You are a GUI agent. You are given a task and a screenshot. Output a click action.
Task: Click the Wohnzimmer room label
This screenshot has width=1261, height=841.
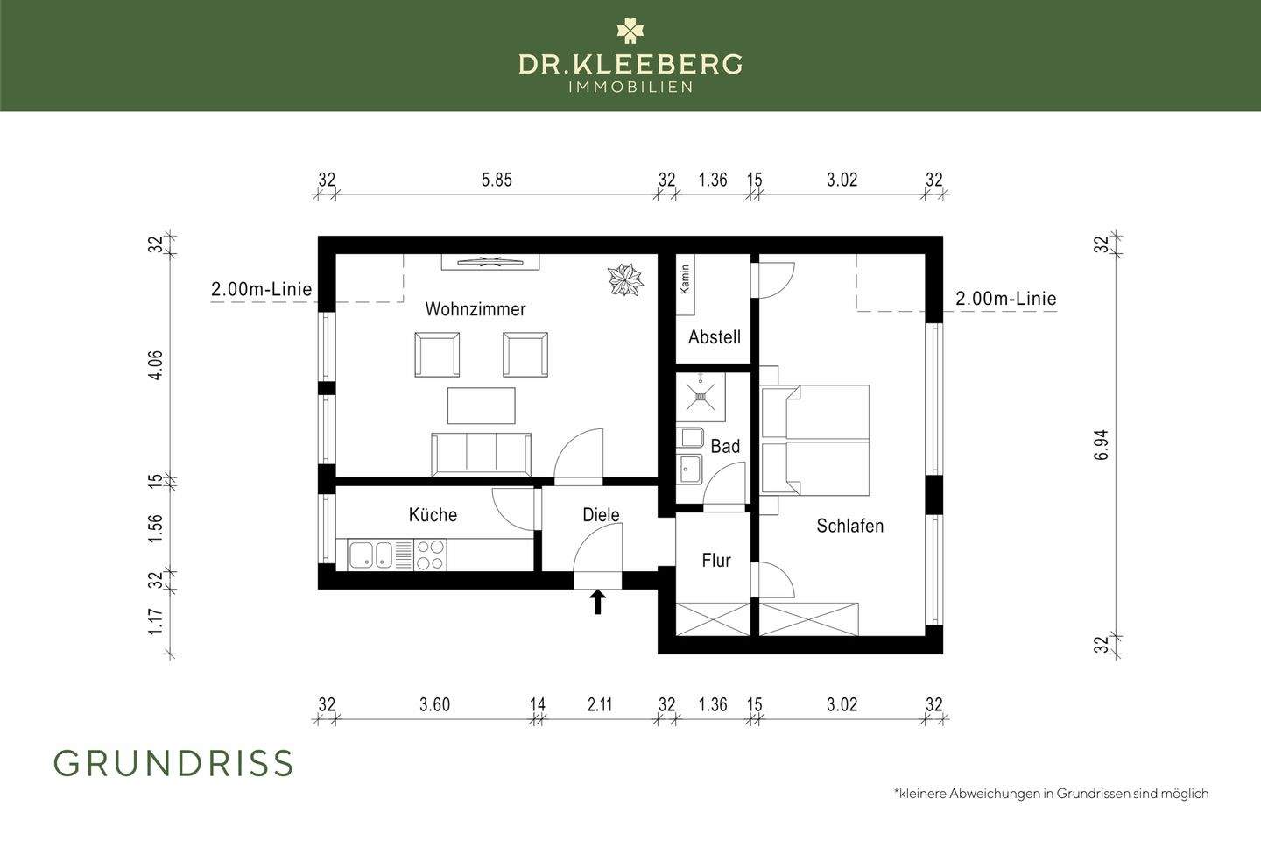pyautogui.click(x=476, y=309)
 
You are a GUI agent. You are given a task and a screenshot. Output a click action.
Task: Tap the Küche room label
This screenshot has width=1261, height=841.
pyautogui.click(x=433, y=514)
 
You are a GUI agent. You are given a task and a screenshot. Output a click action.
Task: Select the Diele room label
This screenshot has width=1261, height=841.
pyautogui.click(x=601, y=515)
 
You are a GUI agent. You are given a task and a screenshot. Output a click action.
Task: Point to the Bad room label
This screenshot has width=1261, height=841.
pyautogui.click(x=725, y=446)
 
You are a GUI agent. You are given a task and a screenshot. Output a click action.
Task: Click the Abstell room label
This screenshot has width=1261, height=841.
pyautogui.click(x=715, y=337)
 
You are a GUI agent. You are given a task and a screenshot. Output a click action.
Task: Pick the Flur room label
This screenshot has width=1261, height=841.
pyautogui.click(x=715, y=560)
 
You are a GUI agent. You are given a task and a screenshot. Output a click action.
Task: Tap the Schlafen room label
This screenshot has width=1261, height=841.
pyautogui.click(x=849, y=526)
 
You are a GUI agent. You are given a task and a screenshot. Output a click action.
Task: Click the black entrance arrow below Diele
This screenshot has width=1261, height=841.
pyautogui.click(x=598, y=602)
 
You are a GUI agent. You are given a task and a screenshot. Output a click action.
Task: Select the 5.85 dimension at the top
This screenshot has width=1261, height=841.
pyautogui.click(x=497, y=180)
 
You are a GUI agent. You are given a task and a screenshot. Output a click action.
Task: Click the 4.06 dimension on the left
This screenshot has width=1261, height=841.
pyautogui.click(x=156, y=365)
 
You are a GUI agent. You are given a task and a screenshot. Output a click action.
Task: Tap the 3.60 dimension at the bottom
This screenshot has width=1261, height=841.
pyautogui.click(x=434, y=704)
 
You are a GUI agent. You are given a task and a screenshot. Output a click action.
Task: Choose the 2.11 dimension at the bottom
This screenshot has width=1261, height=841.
pyautogui.click(x=600, y=704)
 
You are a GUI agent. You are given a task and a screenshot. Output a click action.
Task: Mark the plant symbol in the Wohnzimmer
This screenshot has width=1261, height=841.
pyautogui.click(x=626, y=280)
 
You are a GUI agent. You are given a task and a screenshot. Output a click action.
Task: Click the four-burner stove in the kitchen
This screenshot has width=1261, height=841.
pyautogui.click(x=430, y=555)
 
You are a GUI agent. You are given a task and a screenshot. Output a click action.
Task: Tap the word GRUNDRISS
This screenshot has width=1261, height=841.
pyautogui.click(x=173, y=764)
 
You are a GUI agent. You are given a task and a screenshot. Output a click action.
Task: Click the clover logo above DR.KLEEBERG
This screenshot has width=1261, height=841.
pyautogui.click(x=630, y=31)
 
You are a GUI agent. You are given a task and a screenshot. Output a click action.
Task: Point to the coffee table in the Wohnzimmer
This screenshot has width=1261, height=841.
pyautogui.click(x=482, y=405)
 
